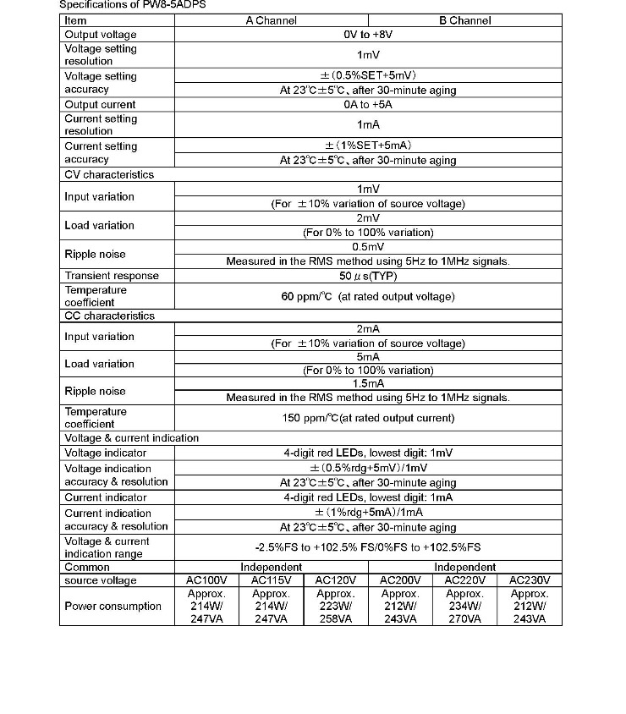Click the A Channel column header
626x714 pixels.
point(271,20)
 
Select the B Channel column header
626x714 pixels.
point(464,20)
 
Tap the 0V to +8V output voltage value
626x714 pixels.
point(367,35)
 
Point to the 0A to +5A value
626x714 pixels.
point(367,104)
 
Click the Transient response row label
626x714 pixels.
point(112,276)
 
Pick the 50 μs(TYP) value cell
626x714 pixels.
point(367,276)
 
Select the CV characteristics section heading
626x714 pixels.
point(109,174)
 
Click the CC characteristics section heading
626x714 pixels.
point(110,316)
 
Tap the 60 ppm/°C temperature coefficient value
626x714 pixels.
point(367,296)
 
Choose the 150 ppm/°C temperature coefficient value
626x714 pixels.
point(367,418)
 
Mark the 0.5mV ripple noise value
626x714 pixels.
point(367,247)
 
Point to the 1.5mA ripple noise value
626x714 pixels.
point(367,383)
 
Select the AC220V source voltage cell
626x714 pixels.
point(464,580)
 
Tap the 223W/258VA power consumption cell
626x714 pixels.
point(335,607)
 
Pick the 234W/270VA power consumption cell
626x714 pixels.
point(464,607)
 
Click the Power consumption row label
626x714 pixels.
point(113,606)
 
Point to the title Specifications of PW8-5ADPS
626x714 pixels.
point(132,4)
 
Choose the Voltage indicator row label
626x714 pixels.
point(106,453)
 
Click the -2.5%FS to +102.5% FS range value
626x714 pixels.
point(367,547)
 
